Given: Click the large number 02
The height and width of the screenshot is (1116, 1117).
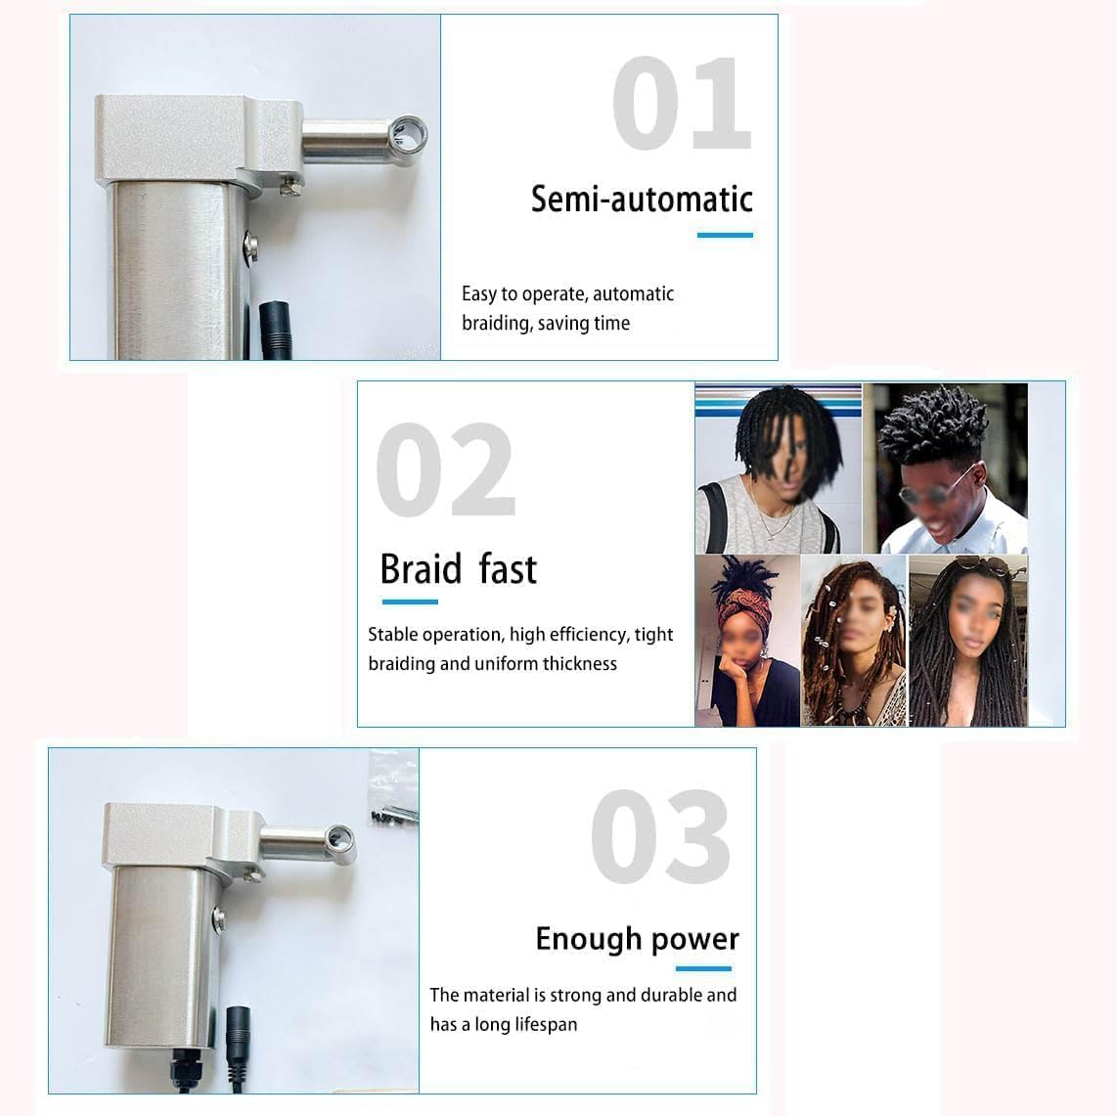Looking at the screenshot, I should pos(445,470).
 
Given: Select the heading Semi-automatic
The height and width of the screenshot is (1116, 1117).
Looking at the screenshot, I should pos(642,200).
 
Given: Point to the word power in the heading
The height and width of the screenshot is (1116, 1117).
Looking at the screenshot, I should pos(695,939).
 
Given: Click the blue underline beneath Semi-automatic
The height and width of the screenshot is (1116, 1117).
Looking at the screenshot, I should pos(725,235).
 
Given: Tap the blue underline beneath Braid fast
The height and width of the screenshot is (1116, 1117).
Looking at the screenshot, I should pos(409,602).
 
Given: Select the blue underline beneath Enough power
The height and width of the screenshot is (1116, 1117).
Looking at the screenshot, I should pos(703,969).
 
